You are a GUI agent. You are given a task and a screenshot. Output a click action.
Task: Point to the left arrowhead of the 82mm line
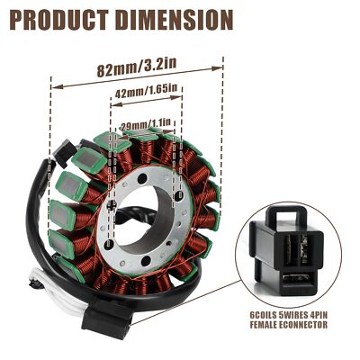click(53, 86)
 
